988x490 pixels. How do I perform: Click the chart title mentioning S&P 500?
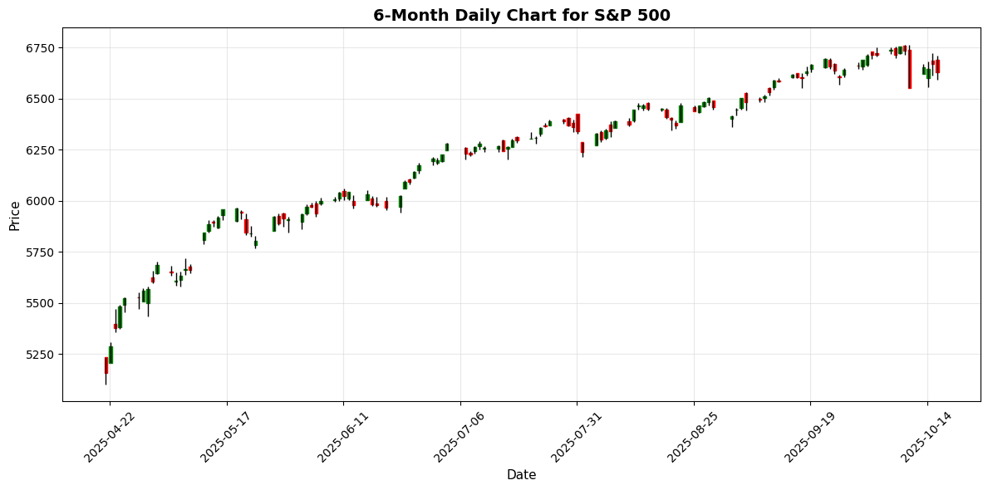[521, 15]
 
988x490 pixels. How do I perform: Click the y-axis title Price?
[15, 215]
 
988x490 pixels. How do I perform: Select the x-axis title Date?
[521, 475]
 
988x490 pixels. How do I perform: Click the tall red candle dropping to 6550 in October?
[909, 69]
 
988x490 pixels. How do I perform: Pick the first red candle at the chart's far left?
[106, 365]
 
